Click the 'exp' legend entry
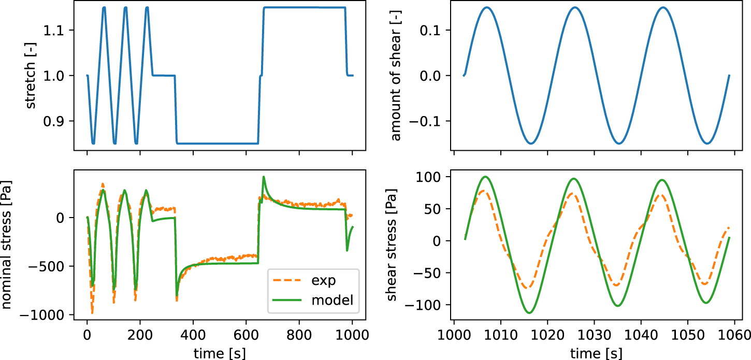[324, 281]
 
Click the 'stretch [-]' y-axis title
[31, 76]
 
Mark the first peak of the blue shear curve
[486, 7]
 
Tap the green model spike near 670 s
[264, 177]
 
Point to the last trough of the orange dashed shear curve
[705, 284]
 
